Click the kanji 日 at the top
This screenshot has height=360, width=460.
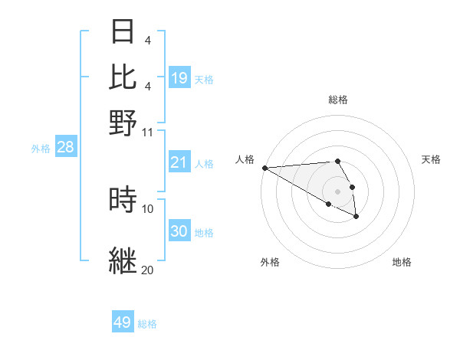(123, 31)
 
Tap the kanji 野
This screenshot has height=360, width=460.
(123, 122)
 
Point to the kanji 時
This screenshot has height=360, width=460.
(123, 199)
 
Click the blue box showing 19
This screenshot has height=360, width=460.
(179, 77)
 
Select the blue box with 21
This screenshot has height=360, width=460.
(179, 162)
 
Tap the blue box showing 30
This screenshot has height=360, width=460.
(179, 231)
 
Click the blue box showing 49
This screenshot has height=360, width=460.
(123, 322)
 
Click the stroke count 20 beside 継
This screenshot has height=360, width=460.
(148, 270)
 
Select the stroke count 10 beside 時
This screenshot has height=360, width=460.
(148, 208)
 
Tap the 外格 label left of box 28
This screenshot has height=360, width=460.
(40, 149)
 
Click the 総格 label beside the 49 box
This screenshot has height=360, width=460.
(147, 324)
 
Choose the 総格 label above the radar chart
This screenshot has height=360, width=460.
(338, 100)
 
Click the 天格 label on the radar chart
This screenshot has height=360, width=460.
(431, 159)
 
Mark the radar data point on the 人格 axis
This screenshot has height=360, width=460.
(264, 168)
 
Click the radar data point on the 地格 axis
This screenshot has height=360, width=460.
(356, 218)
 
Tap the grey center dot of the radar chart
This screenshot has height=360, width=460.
(338, 191)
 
